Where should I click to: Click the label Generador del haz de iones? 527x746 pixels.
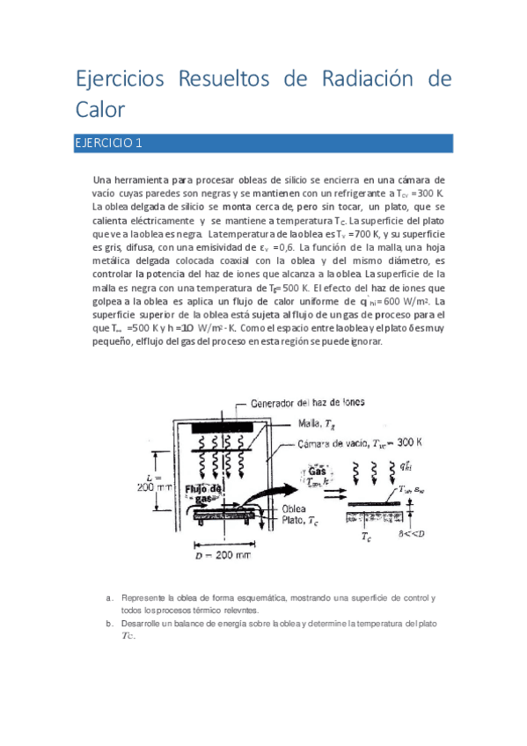pos(308,403)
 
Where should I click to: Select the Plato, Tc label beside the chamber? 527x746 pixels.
pos(300,521)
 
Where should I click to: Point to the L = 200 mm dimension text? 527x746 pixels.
pos(153,479)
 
